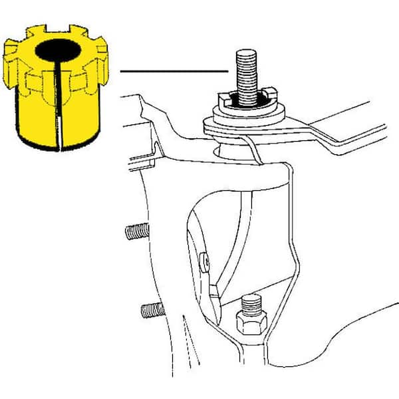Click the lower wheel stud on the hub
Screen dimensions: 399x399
pos(152,309)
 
